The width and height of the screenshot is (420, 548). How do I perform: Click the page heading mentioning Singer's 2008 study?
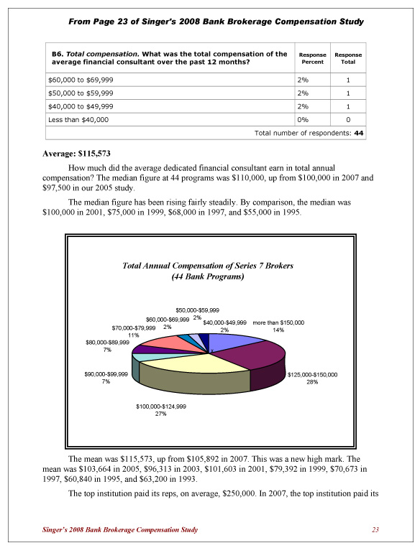pos(216,22)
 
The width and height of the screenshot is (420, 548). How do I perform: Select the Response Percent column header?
pos(312,58)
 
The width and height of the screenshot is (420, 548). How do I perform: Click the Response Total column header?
pos(348,58)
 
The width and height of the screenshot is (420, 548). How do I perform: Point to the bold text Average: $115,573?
pos(78,153)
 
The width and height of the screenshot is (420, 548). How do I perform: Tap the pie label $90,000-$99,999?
pos(106,374)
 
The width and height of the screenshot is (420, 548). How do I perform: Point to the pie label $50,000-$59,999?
pos(197,310)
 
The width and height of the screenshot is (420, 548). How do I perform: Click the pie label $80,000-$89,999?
pos(106,343)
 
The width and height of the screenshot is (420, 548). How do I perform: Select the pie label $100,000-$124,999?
pos(161,407)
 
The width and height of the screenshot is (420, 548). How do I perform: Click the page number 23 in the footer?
pos(375,529)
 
